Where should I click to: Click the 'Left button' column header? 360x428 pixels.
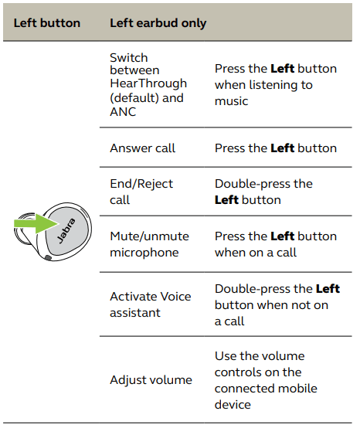coord(47,23)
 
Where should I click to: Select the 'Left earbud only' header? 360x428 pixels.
coord(158,23)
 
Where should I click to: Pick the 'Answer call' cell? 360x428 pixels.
coord(142,148)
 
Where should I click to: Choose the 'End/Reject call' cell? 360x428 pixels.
coord(141,192)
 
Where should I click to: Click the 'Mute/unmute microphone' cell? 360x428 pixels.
coord(149,244)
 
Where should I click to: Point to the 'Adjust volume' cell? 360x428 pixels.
coord(151,379)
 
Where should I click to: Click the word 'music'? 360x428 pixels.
coord(232,101)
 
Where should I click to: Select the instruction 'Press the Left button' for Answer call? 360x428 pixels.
coord(275,148)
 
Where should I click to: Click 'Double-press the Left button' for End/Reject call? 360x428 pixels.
coord(263,192)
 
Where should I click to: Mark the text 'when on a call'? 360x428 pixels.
coord(255,252)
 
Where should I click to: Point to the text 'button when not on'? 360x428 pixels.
coord(271,304)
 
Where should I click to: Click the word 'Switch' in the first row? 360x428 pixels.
coord(129,58)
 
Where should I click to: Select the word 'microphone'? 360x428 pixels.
coord(145,253)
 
